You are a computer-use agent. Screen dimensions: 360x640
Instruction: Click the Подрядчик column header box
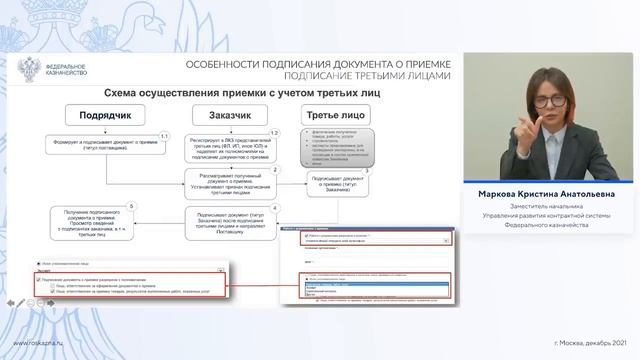pos(102,114)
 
